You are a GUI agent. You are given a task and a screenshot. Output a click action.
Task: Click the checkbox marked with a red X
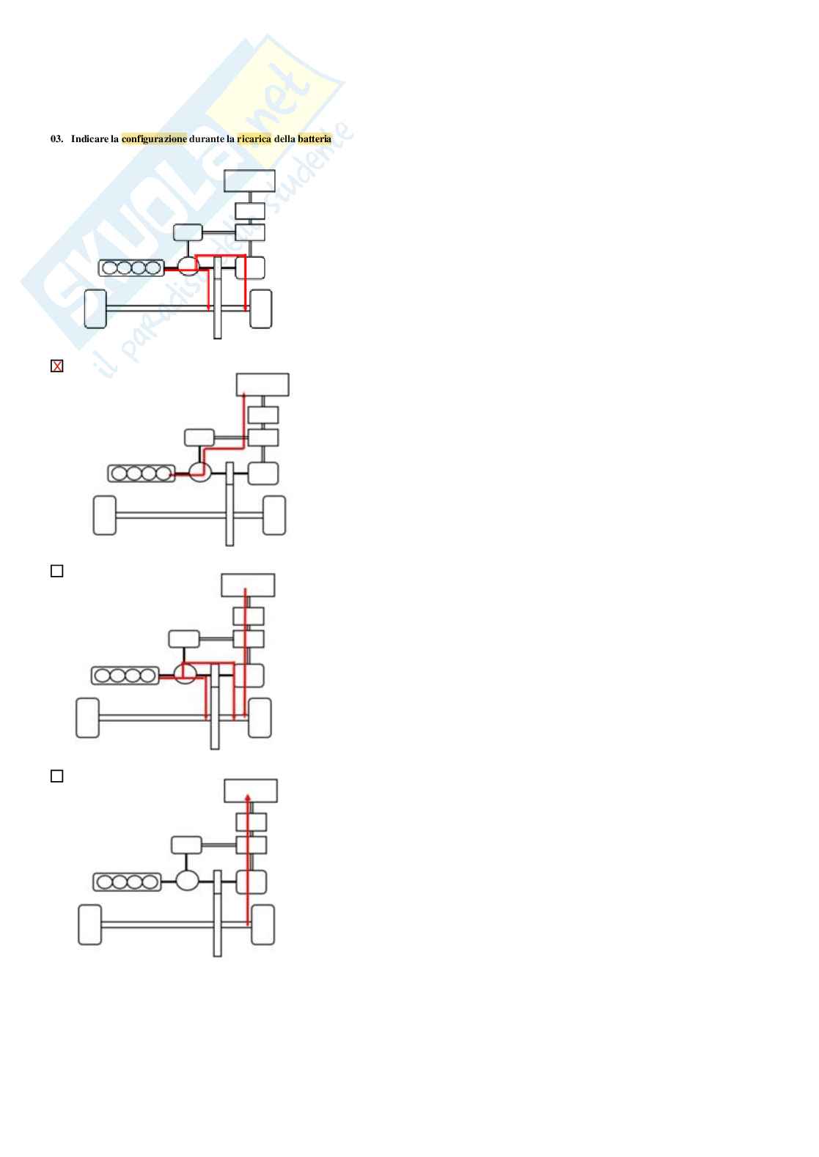click(x=57, y=366)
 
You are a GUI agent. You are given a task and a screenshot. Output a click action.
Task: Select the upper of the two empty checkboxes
click(x=57, y=571)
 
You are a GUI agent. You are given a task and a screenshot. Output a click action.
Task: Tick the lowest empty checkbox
click(x=57, y=776)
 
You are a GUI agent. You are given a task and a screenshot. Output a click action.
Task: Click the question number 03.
click(x=56, y=138)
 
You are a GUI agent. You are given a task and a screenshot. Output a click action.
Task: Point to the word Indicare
click(x=89, y=138)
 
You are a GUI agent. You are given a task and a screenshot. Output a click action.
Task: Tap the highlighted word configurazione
click(x=154, y=138)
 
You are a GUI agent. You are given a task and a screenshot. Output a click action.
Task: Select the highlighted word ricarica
click(x=254, y=138)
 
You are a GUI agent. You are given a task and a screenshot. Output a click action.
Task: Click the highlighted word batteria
click(x=315, y=138)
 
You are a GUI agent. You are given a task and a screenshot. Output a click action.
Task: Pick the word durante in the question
click(x=207, y=138)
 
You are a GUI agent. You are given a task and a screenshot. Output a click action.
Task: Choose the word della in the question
click(x=284, y=138)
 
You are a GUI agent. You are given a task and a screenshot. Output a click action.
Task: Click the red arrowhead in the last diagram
click(x=249, y=796)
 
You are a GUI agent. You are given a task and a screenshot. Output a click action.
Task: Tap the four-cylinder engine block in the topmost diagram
click(x=132, y=268)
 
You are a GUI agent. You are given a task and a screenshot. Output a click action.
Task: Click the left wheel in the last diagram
click(x=89, y=925)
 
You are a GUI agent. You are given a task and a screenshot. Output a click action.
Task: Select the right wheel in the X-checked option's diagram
click(x=274, y=515)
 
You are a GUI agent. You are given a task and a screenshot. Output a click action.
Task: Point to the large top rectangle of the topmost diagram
click(x=249, y=180)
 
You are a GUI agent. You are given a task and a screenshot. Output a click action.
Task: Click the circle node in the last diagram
click(x=188, y=879)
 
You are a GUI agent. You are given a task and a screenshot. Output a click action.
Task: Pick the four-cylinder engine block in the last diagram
click(x=127, y=881)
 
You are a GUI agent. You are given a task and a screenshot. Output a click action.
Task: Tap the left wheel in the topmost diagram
click(x=96, y=309)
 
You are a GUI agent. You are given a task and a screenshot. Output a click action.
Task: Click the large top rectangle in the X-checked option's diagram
click(x=262, y=385)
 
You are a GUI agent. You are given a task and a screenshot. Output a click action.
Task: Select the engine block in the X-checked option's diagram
click(x=142, y=473)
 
